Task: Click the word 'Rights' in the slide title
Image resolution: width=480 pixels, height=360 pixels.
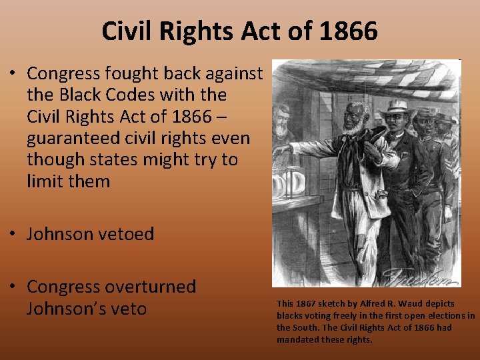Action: pos(189,31)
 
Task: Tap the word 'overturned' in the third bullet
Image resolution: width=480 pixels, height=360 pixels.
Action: pos(156,287)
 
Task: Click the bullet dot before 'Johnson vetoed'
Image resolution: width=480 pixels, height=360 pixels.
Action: pos(13,235)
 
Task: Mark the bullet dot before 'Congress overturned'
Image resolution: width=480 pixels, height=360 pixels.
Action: pos(13,287)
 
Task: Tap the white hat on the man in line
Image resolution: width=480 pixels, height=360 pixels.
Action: pos(397,107)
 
